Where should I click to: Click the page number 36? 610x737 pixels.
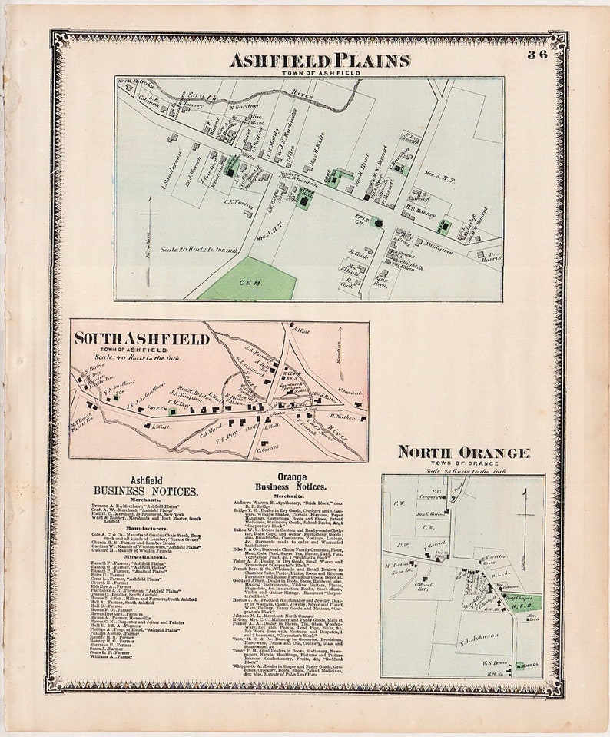point(537,55)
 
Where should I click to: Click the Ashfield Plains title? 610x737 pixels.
point(319,60)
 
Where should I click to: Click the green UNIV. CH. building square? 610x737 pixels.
point(174,412)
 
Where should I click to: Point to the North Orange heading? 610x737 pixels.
point(463,452)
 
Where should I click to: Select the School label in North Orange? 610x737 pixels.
point(532,666)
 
